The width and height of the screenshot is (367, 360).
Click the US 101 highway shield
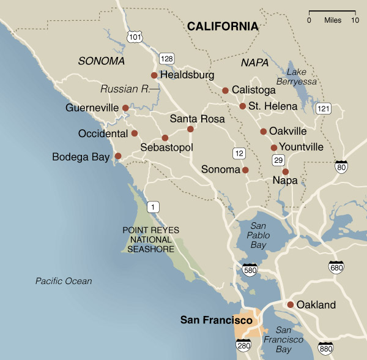pyautogui.click(x=134, y=37)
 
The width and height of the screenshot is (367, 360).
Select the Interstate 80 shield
pyautogui.click(x=342, y=166)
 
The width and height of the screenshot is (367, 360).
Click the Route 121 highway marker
pyautogui.click(x=323, y=108)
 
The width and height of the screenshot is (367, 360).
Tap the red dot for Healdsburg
pyautogui.click(x=154, y=75)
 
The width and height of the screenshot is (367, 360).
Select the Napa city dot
pyautogui.click(x=285, y=171)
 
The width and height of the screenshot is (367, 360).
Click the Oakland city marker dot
pyautogui.click(x=290, y=304)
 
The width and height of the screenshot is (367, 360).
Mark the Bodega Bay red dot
pyautogui.click(x=118, y=156)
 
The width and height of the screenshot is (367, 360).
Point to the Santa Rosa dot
pyautogui.click(x=190, y=129)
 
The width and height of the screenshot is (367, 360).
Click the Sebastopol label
pyautogui.click(x=166, y=148)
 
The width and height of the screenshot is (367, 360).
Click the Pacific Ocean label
pyautogui.click(x=64, y=281)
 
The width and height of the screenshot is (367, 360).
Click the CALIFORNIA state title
pyautogui.click(x=223, y=26)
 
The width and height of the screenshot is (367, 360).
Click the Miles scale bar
pyautogui.click(x=332, y=13)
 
